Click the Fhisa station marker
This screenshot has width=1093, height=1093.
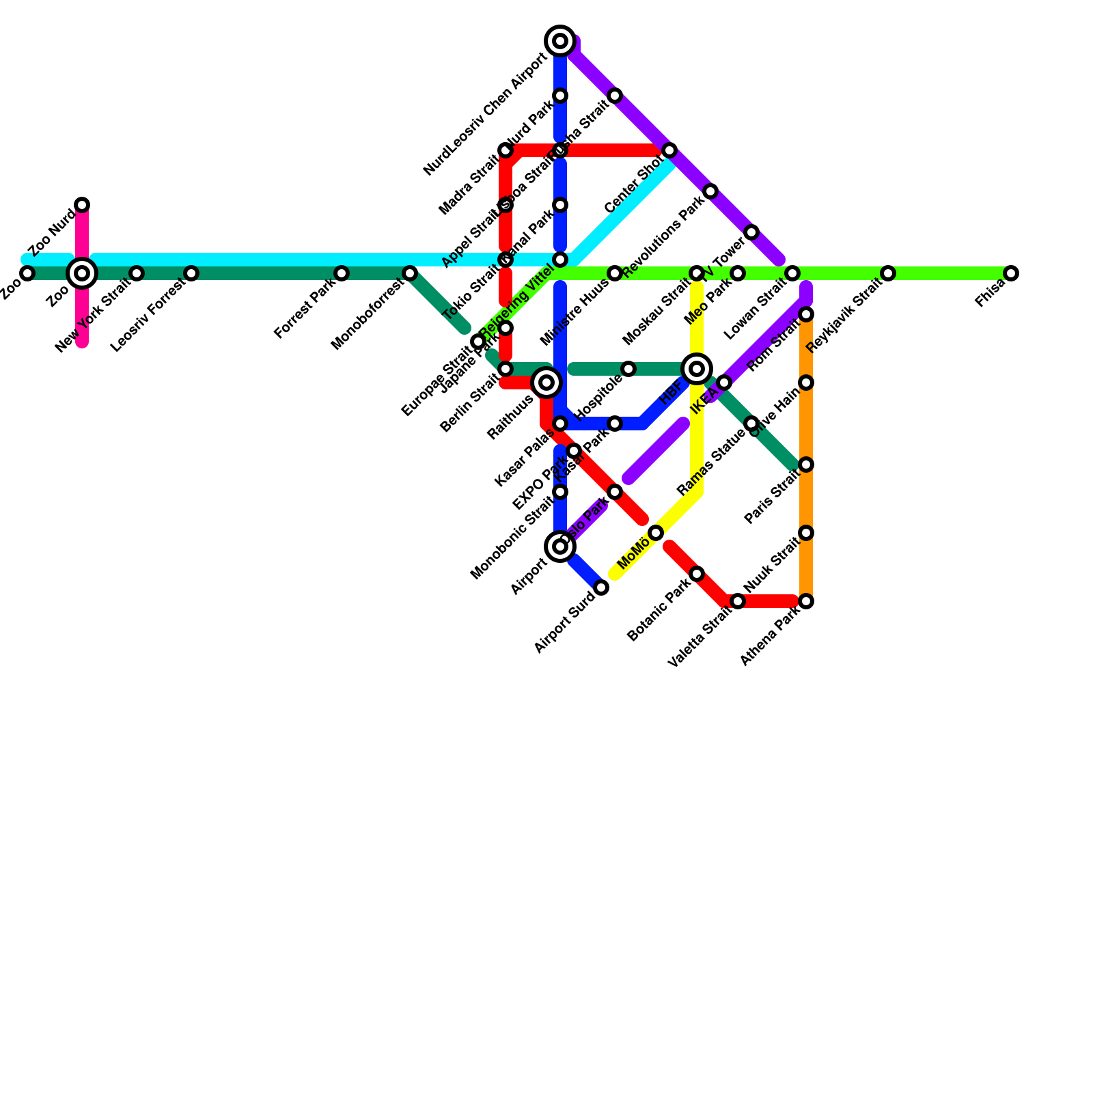pyautogui.click(x=1011, y=273)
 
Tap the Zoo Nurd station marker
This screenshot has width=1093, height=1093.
pyautogui.click(x=82, y=205)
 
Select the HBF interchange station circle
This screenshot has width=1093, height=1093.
pyautogui.click(x=697, y=369)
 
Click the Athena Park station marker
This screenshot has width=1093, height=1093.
pyautogui.click(x=806, y=601)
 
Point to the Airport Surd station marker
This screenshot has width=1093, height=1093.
pyautogui.click(x=601, y=587)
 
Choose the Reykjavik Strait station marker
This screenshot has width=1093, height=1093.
pyautogui.click(x=888, y=273)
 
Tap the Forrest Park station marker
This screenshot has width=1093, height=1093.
pyautogui.click(x=342, y=273)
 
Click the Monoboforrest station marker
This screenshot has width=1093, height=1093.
pyautogui.click(x=410, y=273)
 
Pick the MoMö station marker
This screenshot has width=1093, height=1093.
pyautogui.click(x=656, y=533)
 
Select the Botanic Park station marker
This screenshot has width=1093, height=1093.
pyautogui.click(x=697, y=574)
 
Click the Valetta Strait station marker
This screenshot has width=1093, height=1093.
pyautogui.click(x=738, y=601)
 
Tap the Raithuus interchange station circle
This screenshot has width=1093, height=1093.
pyautogui.click(x=546, y=383)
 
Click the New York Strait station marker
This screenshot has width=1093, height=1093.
pyautogui.click(x=137, y=273)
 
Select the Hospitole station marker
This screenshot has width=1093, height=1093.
pyautogui.click(x=628, y=369)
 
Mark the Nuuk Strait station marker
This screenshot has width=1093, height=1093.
pyautogui.click(x=806, y=533)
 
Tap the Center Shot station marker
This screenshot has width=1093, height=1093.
pyautogui.click(x=669, y=150)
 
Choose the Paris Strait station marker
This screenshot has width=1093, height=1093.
pyautogui.click(x=806, y=465)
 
